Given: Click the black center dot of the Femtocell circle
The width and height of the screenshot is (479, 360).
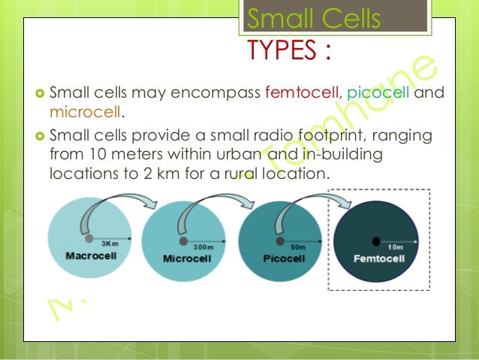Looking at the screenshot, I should click(x=376, y=241).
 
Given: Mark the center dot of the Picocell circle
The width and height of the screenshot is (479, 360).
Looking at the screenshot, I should click(x=279, y=241).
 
